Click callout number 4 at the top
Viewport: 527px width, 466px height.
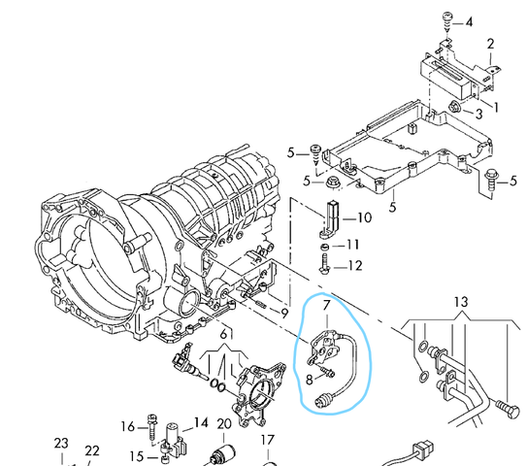coord(469,22)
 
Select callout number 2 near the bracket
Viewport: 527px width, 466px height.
coord(490,44)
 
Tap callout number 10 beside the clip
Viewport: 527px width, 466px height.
coord(364,217)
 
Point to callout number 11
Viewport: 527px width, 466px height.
coord(352,245)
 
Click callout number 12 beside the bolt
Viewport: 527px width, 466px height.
coord(355,266)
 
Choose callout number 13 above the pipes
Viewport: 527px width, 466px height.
coord(461,302)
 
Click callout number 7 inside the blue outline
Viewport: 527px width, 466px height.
coord(327,305)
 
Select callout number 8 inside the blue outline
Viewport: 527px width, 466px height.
coord(310,380)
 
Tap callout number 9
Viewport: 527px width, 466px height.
coord(284,314)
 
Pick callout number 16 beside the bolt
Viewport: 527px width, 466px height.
coord(128,426)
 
